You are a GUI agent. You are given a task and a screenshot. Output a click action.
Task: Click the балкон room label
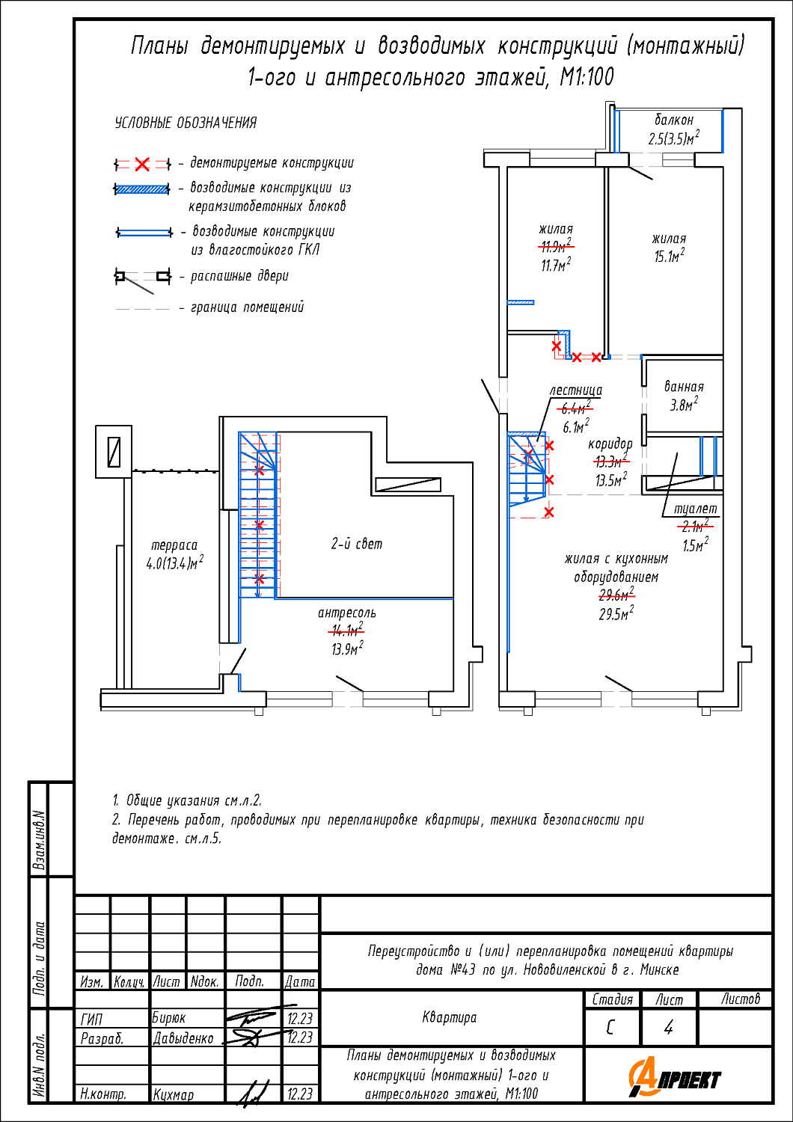pos(674,120)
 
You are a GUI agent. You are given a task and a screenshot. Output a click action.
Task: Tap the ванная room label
pos(684,387)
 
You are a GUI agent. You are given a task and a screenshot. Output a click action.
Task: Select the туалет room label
pos(695,509)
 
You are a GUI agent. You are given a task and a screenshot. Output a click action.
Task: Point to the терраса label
pos(174,545)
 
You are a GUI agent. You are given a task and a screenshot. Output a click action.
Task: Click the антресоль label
pos(347,613)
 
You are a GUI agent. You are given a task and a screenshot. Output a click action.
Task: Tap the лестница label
pos(575,390)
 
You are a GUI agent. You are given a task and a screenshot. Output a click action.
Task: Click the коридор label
pos(610,444)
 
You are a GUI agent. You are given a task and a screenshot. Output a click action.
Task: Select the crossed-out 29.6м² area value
pos(616,595)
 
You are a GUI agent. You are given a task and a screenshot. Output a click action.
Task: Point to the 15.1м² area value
pos(669,257)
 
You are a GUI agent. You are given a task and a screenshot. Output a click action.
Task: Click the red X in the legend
pos(142,164)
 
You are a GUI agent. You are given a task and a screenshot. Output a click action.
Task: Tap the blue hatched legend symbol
pos(142,189)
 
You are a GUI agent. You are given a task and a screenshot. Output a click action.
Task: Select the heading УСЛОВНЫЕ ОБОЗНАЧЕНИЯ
pos(186,123)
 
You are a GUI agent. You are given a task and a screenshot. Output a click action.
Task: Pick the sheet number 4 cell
pos(669,1028)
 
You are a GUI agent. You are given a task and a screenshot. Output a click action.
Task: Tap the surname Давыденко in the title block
pos(183,1038)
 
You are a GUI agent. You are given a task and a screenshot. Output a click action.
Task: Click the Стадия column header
pos(612,999)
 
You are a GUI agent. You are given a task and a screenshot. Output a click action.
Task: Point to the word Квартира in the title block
pos(450,1017)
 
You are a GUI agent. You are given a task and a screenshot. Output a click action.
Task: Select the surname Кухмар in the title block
pos(174,1094)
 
